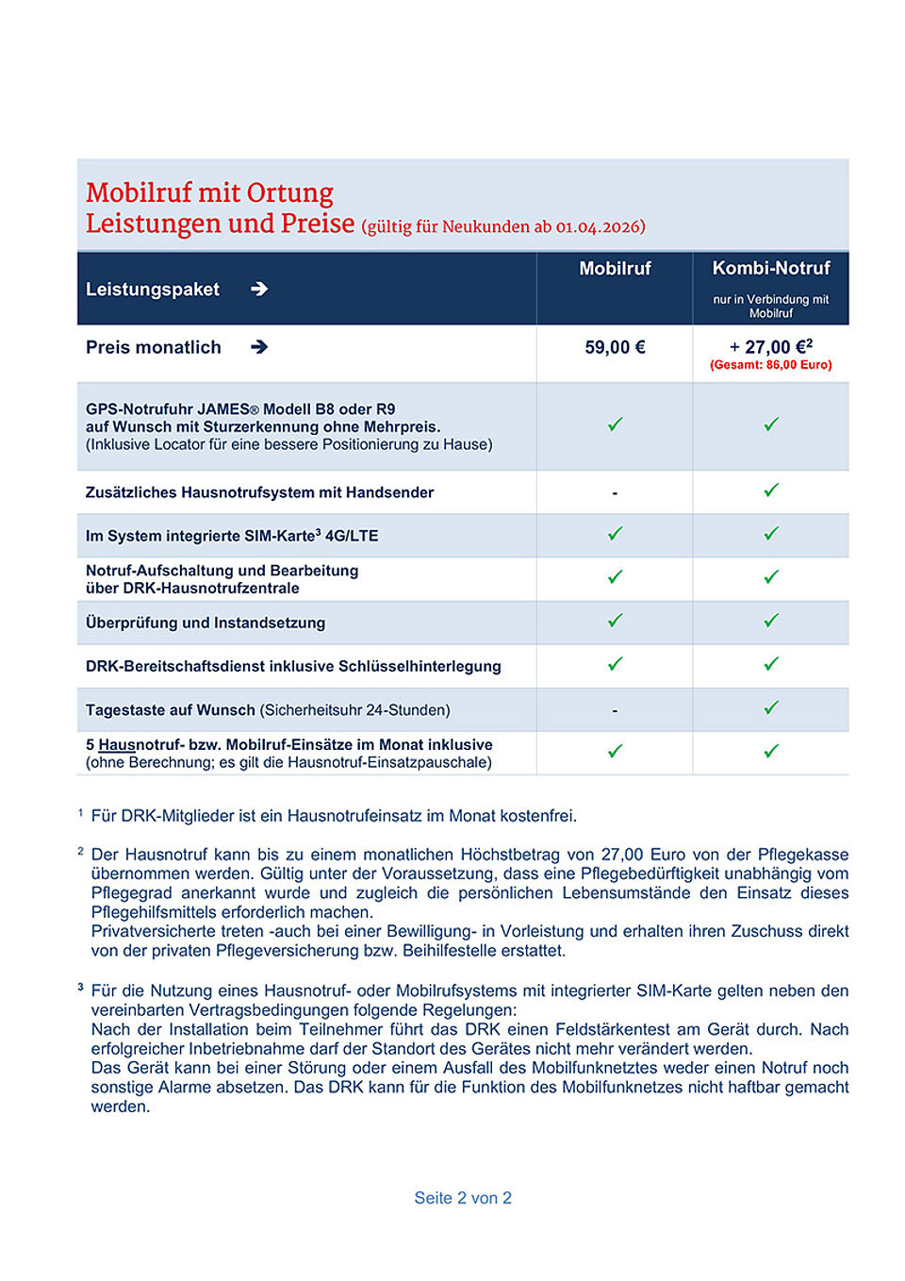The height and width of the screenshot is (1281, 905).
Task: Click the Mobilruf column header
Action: point(615,269)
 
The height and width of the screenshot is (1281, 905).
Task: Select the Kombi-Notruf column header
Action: point(771,268)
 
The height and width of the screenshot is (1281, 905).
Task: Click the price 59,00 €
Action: point(615,348)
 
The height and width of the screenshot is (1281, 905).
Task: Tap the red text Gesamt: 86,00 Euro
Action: point(771,365)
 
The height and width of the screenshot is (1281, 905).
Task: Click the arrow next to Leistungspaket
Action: point(259,290)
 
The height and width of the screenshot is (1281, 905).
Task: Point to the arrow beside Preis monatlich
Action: point(259,347)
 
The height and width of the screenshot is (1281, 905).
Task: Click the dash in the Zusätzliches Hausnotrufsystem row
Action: point(615,493)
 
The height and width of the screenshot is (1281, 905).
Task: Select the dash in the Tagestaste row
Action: point(615,710)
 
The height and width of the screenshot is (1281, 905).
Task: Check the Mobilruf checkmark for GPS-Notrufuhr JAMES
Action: point(615,424)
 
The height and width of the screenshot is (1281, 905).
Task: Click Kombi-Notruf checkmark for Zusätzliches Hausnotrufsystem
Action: point(771,491)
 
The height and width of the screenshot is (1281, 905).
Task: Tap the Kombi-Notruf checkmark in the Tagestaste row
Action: point(771,707)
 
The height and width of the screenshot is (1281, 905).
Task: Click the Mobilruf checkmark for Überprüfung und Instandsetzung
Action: point(615,621)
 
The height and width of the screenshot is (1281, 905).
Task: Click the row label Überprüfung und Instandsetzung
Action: point(206,624)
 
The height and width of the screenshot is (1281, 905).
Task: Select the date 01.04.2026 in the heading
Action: point(600,227)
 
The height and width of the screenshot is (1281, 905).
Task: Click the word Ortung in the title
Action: point(289,193)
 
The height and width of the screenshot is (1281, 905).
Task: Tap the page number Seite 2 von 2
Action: point(463,1198)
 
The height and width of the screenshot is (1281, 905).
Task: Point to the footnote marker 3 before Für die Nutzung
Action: point(80,987)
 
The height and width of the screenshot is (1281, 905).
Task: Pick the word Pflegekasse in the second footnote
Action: point(802,855)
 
